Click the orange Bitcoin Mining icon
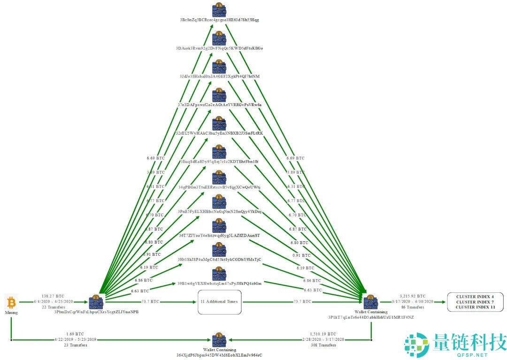[x=11, y=301]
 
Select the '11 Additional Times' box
[x=219, y=301]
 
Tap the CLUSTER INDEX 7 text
[x=475, y=302]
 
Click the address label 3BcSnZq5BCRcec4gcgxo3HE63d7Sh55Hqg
[x=219, y=20]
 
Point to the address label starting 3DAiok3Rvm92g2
[x=219, y=48]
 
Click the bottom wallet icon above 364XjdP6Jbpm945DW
[x=219, y=340]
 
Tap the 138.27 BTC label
[x=53, y=297]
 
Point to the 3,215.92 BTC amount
[x=413, y=296]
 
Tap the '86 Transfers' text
[x=413, y=307]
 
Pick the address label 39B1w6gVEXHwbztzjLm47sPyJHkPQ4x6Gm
[x=219, y=283]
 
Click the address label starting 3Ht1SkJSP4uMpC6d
[x=219, y=259]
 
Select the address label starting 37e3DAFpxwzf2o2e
[x=219, y=104]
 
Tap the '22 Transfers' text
[x=53, y=307]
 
